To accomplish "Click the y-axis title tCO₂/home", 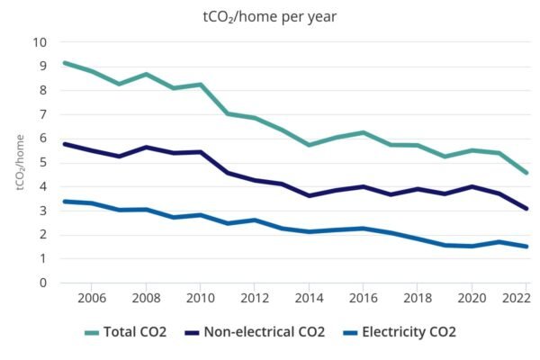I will (19, 162).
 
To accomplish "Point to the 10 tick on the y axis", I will (40, 41).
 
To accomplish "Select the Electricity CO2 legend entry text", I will (409, 332).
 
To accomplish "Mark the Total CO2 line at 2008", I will (146, 74).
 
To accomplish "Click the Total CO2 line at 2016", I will (363, 132).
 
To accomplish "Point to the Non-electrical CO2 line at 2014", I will (309, 195).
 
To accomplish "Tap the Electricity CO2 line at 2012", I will (255, 220).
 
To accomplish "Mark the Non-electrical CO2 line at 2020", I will (472, 186).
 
